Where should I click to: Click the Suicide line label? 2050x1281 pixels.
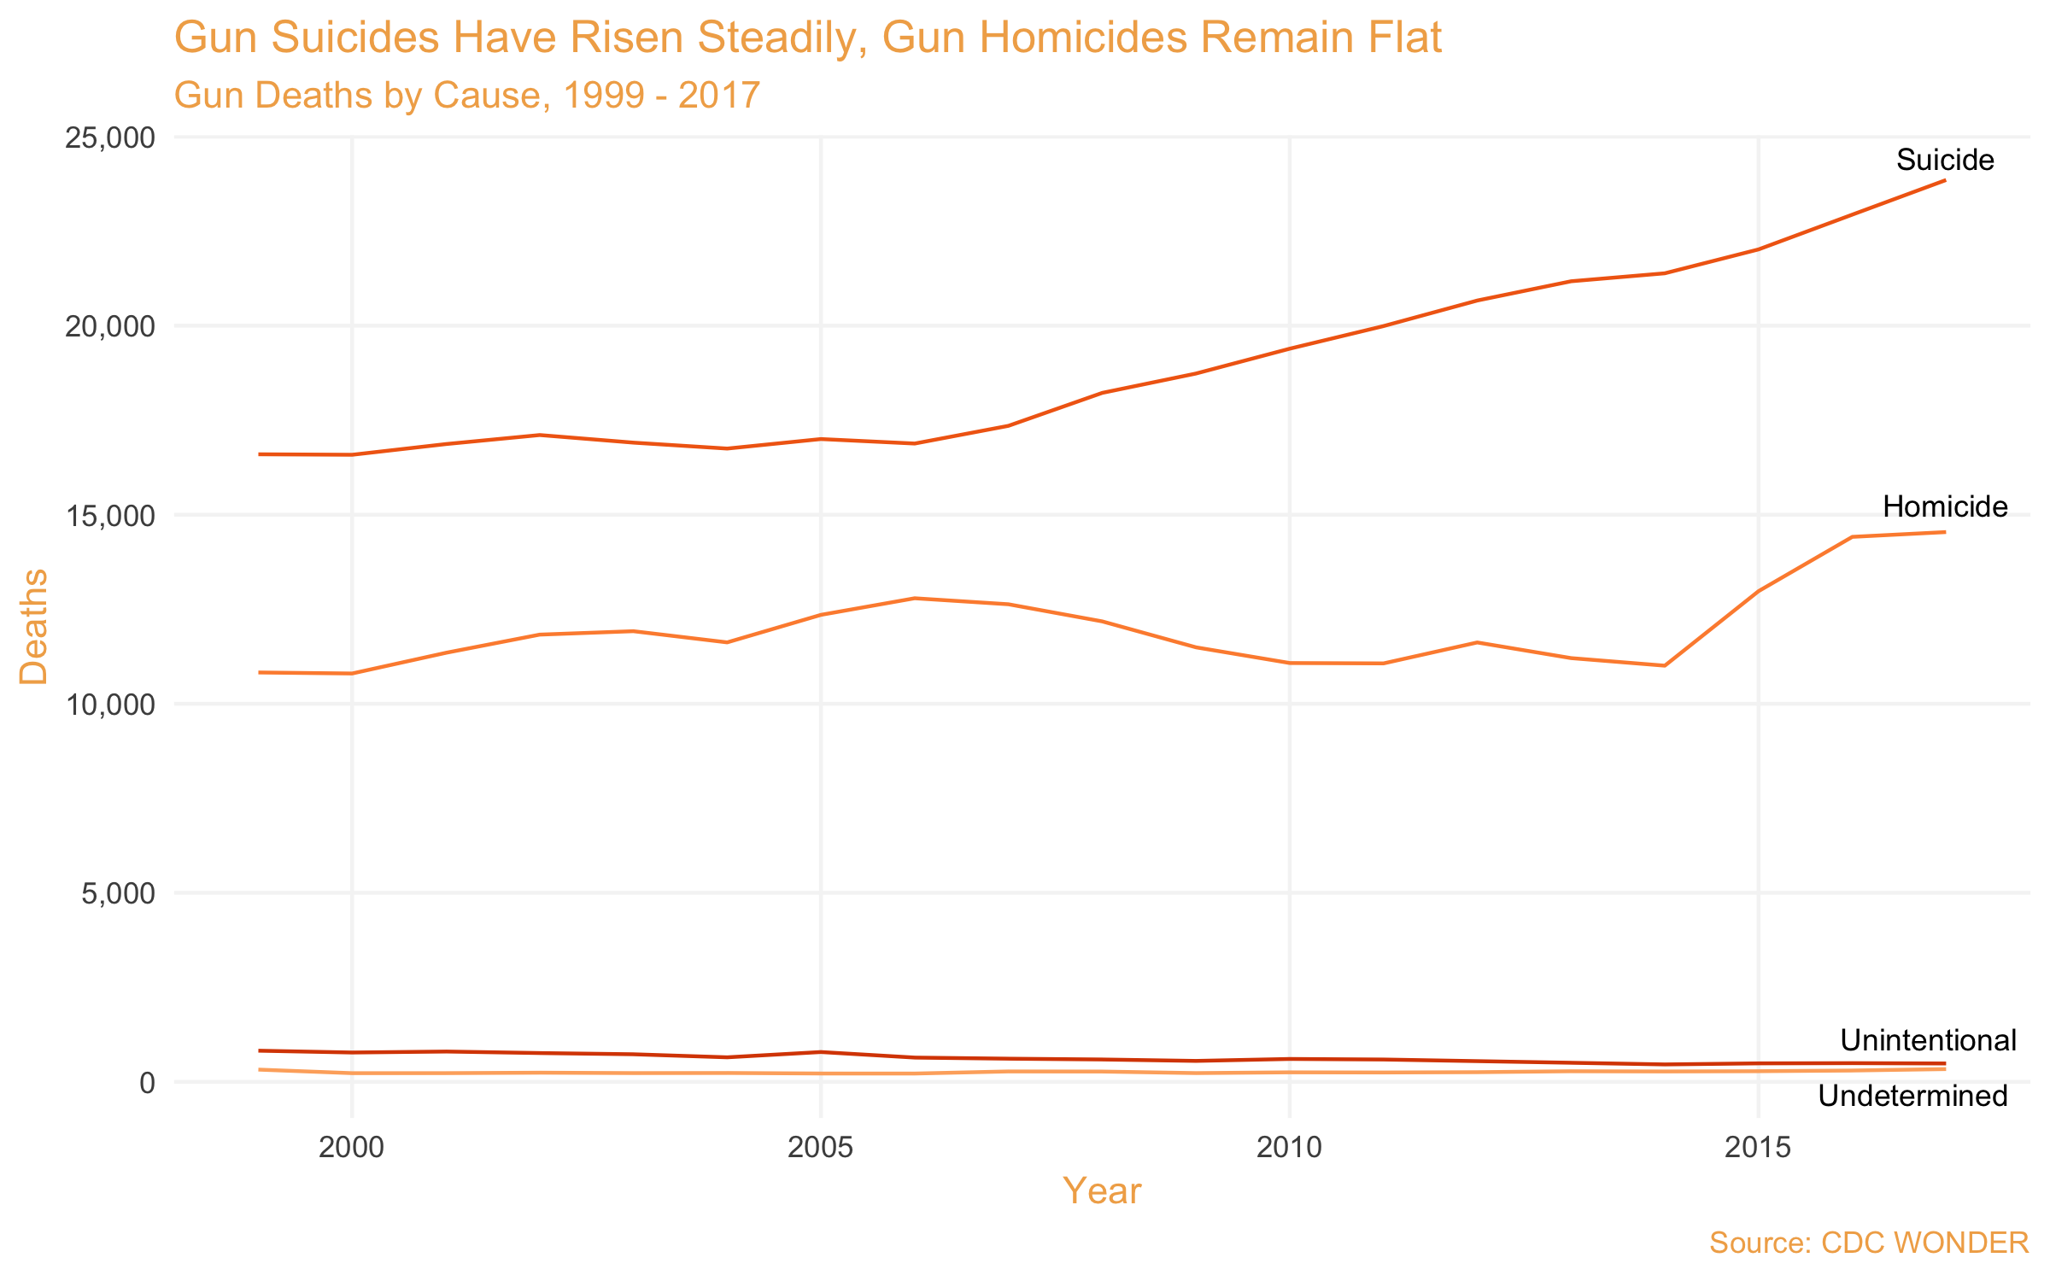coord(1945,161)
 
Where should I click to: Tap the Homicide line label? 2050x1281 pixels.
coord(1945,507)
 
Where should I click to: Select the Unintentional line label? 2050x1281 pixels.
coord(1928,1040)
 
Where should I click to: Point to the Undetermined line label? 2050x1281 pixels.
coord(1912,1096)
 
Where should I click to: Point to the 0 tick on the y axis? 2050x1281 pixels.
coord(147,1083)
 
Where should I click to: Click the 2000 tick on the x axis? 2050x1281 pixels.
coord(351,1147)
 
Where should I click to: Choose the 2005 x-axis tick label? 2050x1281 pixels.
coord(820,1147)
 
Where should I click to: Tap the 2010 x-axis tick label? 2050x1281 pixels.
coord(1289,1147)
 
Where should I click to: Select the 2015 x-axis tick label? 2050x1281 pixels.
coord(1758,1147)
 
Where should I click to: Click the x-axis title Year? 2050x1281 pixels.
coord(1102,1191)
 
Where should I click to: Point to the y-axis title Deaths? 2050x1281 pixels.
coord(34,626)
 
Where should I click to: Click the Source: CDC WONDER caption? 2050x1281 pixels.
coord(1869,1243)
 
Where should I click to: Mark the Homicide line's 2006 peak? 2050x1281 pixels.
coord(914,599)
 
